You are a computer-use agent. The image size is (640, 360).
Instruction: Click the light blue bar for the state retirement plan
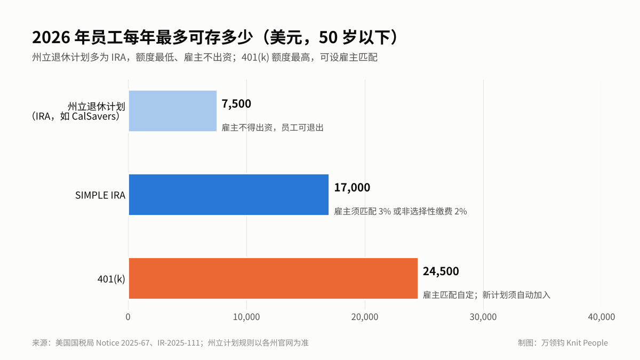(x=173, y=111)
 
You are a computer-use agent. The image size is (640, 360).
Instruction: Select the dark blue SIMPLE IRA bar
(x=229, y=195)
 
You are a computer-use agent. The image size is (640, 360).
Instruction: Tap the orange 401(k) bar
(x=273, y=278)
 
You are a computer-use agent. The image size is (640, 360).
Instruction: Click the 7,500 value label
(x=236, y=103)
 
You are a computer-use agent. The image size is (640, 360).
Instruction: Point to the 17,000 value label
(x=352, y=187)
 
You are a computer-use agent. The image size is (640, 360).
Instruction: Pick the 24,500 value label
(x=441, y=271)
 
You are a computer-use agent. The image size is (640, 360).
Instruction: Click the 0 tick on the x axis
(x=128, y=317)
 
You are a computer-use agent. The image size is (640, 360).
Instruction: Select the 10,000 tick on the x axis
(x=246, y=317)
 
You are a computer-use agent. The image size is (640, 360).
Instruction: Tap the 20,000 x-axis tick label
(x=365, y=317)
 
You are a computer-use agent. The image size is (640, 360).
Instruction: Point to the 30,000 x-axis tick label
(x=483, y=317)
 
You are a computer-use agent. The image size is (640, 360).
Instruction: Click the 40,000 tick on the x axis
(x=602, y=317)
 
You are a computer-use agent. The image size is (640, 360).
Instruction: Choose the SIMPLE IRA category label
(x=100, y=195)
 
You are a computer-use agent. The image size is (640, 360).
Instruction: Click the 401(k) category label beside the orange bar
(x=111, y=279)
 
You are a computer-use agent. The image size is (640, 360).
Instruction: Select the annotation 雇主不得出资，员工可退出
(x=273, y=127)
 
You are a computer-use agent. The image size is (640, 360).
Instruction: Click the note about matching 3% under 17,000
(x=401, y=211)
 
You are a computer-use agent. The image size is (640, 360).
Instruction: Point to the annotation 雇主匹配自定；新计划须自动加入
(x=486, y=295)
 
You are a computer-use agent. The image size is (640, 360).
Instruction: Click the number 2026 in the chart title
(x=51, y=37)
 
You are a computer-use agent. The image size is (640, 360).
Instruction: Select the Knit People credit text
(x=587, y=342)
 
